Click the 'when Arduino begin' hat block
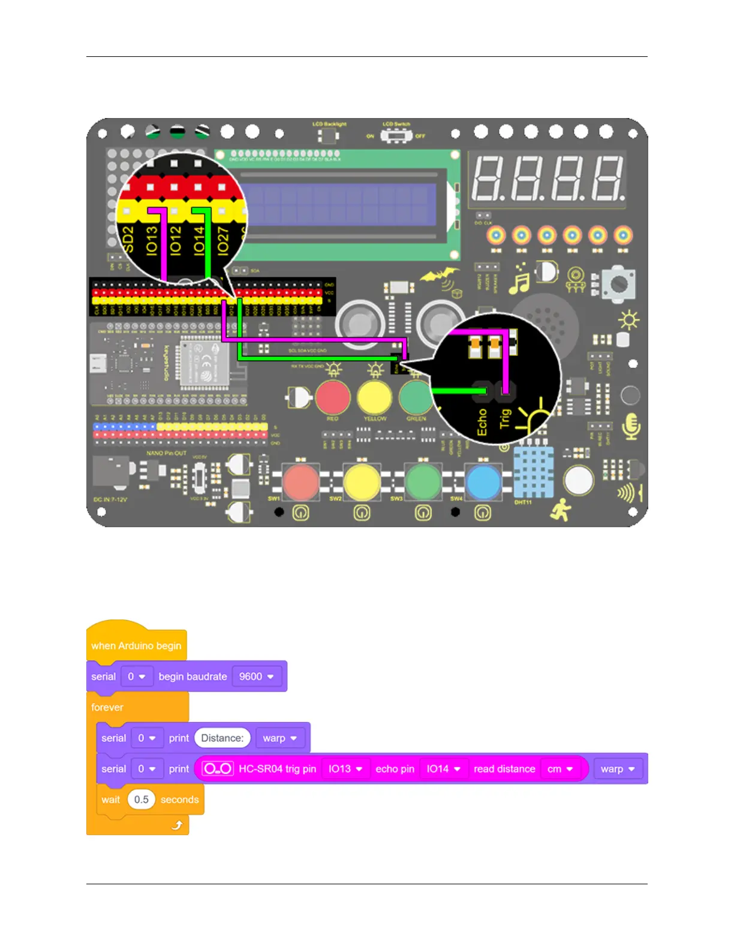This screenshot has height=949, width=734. tap(136, 645)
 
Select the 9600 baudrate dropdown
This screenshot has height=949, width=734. tap(256, 676)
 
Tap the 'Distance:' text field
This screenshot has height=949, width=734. tap(222, 738)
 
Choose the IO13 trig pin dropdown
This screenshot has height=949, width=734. tap(345, 769)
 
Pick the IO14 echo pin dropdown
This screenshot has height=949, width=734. tap(443, 769)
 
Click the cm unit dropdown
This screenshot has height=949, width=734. tap(560, 769)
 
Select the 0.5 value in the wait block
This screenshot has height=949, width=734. tap(142, 799)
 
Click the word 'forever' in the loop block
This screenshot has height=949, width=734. tap(107, 707)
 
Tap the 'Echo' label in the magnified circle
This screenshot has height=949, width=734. tap(482, 422)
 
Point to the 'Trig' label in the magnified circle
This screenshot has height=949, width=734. tap(505, 418)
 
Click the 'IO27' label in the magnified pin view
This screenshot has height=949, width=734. tap(223, 241)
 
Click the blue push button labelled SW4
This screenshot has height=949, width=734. tap(483, 482)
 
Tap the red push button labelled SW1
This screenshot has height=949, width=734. tap(300, 482)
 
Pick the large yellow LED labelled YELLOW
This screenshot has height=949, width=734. tap(374, 397)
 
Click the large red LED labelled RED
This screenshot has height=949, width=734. tap(333, 397)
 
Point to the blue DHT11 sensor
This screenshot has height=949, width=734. tap(533, 474)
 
